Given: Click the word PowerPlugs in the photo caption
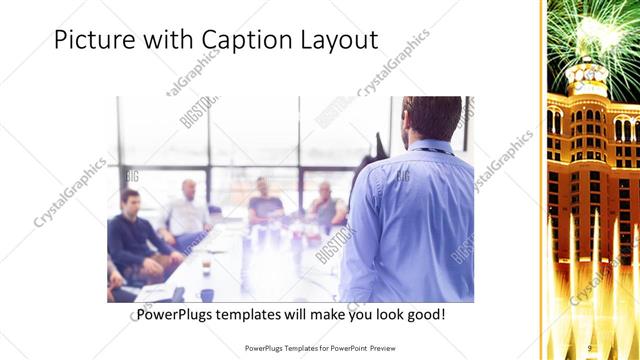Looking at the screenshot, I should [173, 315].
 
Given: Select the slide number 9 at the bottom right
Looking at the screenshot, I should [590, 348].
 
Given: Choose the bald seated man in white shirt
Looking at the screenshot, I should [187, 210].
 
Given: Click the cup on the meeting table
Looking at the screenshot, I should [206, 268].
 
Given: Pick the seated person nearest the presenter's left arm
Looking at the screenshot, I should [325, 204].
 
